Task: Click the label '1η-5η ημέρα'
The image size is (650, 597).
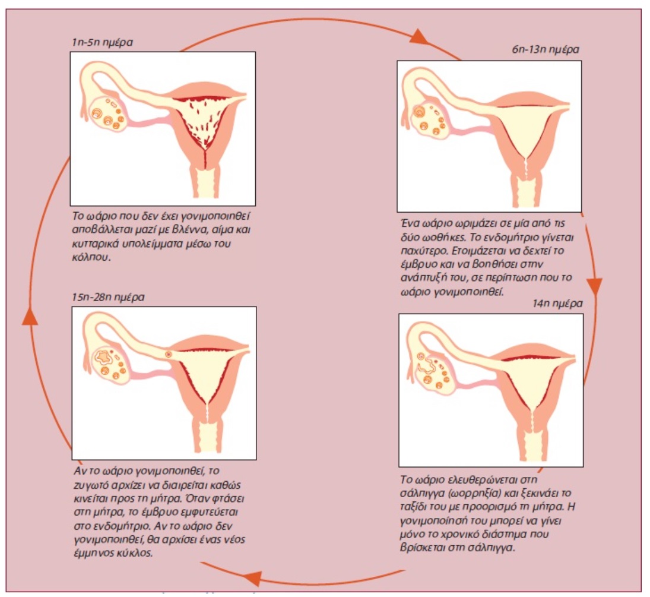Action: [x=102, y=42]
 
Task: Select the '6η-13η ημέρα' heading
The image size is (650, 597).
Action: [x=545, y=49]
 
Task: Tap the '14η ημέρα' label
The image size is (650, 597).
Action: [x=557, y=304]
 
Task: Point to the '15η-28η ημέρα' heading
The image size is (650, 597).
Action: [x=108, y=297]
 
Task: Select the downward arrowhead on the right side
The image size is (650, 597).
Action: [x=594, y=287]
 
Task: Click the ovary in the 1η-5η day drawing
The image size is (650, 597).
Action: [x=106, y=113]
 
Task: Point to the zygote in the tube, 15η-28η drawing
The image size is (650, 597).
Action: [x=169, y=354]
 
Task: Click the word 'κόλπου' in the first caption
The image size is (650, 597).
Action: [x=91, y=257]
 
